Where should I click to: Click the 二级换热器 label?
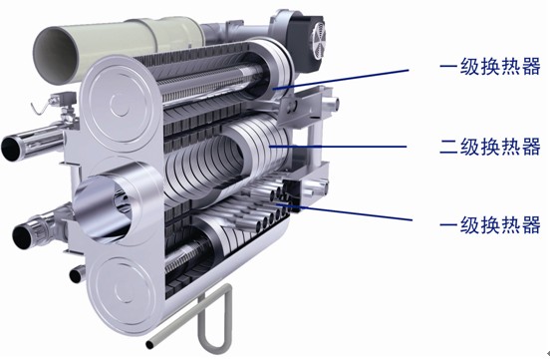click(x=490, y=147)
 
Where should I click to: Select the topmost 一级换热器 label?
click(x=490, y=67)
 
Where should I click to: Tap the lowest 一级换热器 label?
click(x=490, y=225)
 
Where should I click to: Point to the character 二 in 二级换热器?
click(x=448, y=147)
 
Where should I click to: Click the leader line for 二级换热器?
click(x=338, y=147)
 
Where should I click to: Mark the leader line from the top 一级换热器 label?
click(x=341, y=80)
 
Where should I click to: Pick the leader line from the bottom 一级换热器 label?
click(x=344, y=211)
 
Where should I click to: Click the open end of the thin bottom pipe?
click(x=149, y=345)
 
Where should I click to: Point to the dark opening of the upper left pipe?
click(x=11, y=148)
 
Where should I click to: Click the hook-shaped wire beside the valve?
click(x=40, y=107)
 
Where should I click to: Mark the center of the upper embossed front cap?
click(x=120, y=104)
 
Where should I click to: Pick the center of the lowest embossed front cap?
click(x=124, y=290)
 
